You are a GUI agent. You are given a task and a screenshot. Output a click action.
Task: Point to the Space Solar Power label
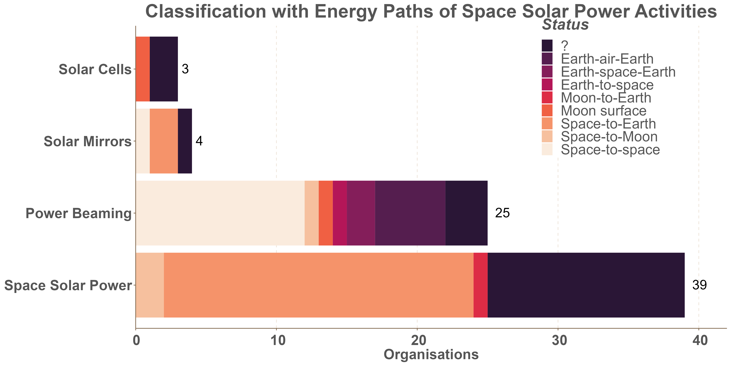tap(68, 285)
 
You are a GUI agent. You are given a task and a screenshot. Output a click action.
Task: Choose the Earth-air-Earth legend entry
tap(607, 59)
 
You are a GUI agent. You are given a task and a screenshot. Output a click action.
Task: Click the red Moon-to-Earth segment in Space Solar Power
tap(480, 285)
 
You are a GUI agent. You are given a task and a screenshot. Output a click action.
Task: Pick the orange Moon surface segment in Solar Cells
tap(143, 69)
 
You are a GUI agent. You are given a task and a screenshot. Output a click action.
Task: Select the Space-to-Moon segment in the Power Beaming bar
tap(312, 213)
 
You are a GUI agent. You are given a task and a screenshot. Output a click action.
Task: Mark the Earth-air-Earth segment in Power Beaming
tap(410, 213)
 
